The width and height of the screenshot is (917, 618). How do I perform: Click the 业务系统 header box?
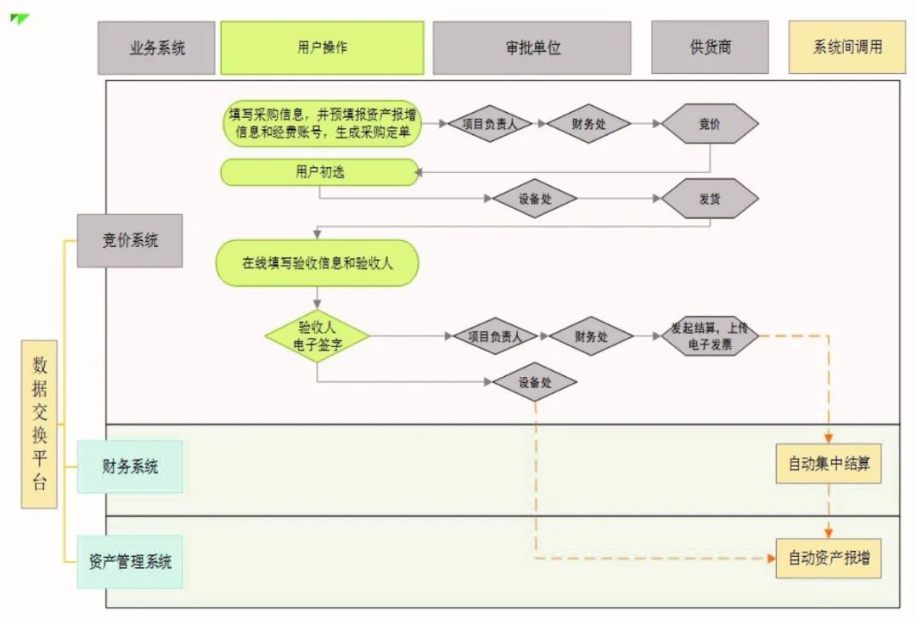(x=157, y=48)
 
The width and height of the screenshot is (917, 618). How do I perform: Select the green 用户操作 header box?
(x=322, y=48)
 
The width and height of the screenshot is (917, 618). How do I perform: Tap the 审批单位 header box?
(x=532, y=48)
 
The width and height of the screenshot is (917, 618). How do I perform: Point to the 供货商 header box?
(x=710, y=48)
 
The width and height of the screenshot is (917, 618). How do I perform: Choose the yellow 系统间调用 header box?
(x=847, y=48)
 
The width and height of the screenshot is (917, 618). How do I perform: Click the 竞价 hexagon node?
(x=709, y=124)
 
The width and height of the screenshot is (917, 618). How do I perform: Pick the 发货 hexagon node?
(x=709, y=199)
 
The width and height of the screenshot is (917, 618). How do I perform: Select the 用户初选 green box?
(x=320, y=172)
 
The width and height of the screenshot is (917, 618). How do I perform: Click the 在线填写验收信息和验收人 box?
(x=318, y=263)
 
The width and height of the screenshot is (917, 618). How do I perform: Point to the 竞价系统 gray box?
(x=130, y=240)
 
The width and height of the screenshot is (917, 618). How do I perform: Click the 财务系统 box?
(x=130, y=466)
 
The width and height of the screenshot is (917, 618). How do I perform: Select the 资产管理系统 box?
(x=130, y=562)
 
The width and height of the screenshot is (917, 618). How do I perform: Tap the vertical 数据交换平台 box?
(x=40, y=424)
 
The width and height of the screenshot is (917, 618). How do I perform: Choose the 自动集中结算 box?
(x=828, y=464)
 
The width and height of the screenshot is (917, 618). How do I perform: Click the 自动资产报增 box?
(x=828, y=559)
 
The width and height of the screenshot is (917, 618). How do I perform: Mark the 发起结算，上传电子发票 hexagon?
(x=709, y=336)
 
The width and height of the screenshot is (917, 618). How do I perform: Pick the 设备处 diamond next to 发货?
(x=535, y=199)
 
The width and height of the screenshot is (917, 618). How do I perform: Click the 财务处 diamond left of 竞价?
(x=588, y=124)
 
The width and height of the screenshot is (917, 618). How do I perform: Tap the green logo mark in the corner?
(x=20, y=19)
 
